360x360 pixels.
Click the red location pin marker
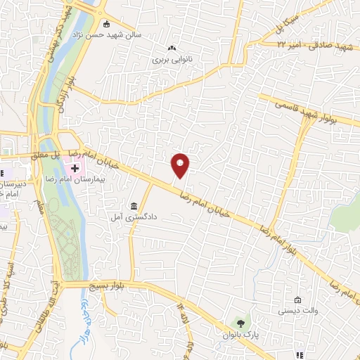(181, 166)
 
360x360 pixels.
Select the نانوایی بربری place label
(172, 60)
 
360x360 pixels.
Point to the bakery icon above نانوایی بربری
(172, 49)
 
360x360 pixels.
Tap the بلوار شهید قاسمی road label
(307, 110)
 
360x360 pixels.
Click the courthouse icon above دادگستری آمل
(134, 205)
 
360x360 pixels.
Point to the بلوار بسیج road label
(109, 285)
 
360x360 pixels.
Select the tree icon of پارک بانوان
(241, 323)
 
